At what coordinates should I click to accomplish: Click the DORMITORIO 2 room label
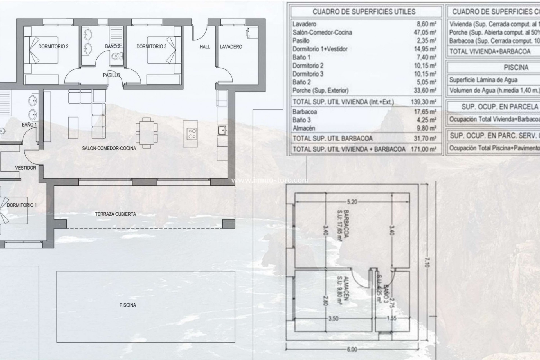(53, 46)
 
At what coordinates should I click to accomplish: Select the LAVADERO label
(231, 47)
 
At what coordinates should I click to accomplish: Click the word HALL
(205, 47)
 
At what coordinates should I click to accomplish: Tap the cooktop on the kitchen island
(192, 133)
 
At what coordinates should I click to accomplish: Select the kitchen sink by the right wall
(222, 130)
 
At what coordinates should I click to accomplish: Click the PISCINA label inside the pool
(128, 305)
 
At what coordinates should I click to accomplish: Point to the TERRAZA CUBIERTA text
(115, 214)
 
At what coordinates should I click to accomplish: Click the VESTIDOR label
(26, 168)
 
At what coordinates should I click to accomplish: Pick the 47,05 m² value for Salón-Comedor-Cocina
(425, 32)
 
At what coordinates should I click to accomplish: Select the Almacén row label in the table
(304, 128)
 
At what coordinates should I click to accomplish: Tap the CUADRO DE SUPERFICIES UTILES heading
(364, 12)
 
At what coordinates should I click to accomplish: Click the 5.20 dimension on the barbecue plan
(352, 202)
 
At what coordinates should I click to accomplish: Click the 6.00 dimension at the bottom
(352, 349)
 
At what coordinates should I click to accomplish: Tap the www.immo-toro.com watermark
(270, 180)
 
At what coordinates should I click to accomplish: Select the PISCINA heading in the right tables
(516, 67)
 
